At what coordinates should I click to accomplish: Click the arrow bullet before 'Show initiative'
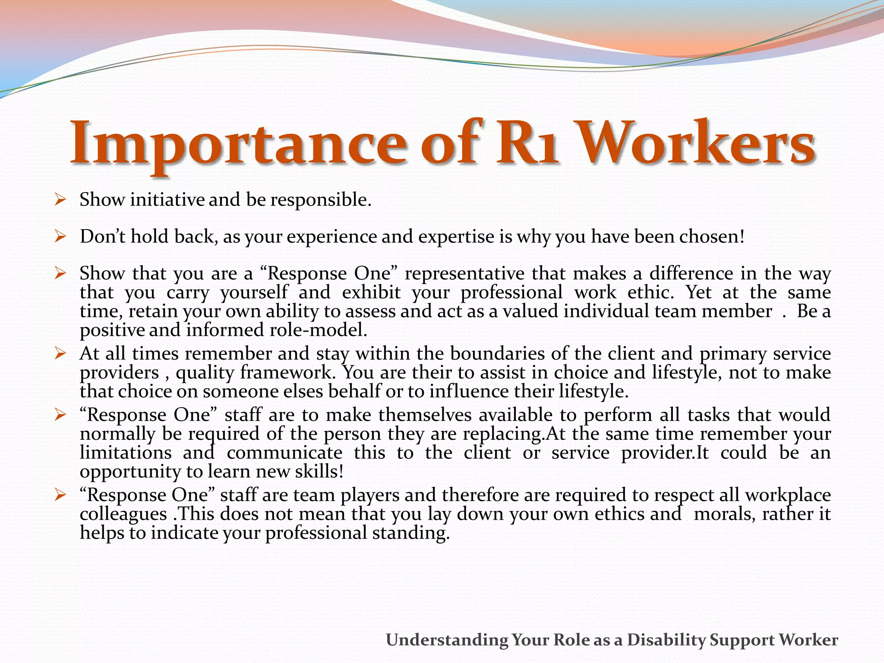click(60, 200)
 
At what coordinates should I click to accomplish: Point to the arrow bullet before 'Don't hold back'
click(60, 237)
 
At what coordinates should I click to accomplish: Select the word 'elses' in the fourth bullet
click(303, 391)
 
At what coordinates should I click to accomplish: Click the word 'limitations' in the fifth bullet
click(126, 453)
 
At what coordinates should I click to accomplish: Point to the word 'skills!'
click(319, 471)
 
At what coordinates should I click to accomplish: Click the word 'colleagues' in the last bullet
click(123, 514)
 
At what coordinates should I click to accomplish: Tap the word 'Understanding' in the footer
click(447, 640)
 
